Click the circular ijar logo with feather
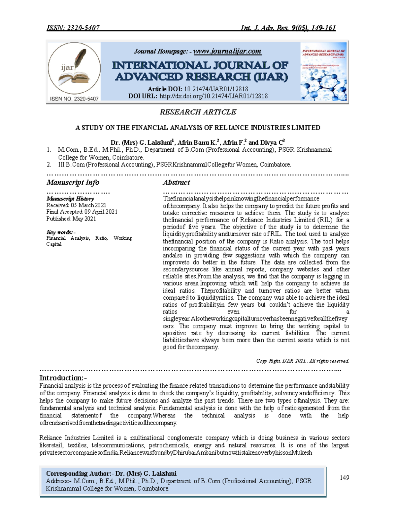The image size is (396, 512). (74, 68)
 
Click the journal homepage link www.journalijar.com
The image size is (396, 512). (227, 51)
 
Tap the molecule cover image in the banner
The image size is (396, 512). (324, 72)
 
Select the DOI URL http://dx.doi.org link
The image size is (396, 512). (214, 96)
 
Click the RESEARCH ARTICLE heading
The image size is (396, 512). (198, 112)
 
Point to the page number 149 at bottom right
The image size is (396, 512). (344, 478)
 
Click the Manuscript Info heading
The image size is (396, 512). (73, 182)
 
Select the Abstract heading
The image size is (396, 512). (177, 182)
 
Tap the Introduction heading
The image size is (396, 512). (63, 378)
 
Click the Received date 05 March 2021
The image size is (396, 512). (76, 205)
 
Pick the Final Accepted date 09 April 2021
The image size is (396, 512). (82, 212)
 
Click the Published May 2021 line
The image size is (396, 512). (71, 219)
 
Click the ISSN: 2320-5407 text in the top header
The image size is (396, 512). (73, 28)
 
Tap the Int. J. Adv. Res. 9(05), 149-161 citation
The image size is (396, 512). (288, 28)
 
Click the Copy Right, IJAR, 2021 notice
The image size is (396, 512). (303, 361)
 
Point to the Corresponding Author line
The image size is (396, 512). (111, 473)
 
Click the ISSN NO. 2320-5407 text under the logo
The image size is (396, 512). (74, 99)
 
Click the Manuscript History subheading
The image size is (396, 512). (70, 198)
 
